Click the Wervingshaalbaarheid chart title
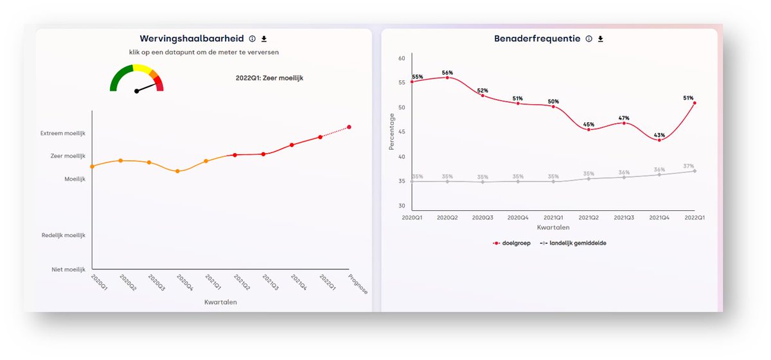click(191, 39)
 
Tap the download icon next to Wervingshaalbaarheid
click(263, 39)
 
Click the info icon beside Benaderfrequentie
click(589, 39)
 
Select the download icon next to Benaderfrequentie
click(601, 39)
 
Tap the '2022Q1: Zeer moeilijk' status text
click(269, 78)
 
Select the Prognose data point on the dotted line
click(349, 127)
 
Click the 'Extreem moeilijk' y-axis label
click(62, 133)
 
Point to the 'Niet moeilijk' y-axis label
click(68, 270)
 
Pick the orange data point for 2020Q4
click(177, 171)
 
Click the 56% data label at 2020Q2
click(447, 73)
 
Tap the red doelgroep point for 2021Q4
click(659, 140)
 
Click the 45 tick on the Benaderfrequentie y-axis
click(402, 132)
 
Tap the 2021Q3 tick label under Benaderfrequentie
click(624, 218)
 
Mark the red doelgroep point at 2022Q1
click(695, 103)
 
